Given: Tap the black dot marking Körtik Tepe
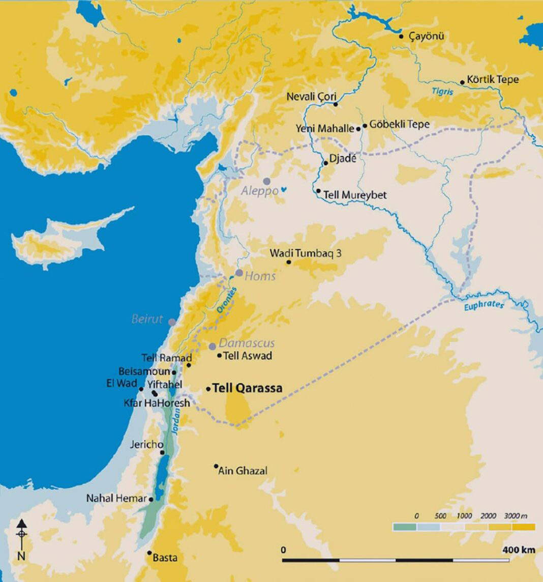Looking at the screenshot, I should (x=462, y=82).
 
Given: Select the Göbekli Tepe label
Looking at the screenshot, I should (x=399, y=124).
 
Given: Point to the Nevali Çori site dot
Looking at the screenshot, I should (x=336, y=104).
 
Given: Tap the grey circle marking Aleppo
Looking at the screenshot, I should (x=266, y=181).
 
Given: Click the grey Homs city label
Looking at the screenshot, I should (x=260, y=276).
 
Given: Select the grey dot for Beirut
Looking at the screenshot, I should (x=172, y=322).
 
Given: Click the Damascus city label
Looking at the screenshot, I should (x=247, y=343).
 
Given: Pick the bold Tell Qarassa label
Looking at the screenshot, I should (x=247, y=389).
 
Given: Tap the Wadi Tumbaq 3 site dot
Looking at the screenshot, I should (x=289, y=262).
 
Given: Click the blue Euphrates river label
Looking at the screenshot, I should (x=484, y=306).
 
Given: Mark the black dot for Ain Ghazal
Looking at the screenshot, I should (x=216, y=465).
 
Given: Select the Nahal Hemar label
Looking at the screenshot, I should (x=116, y=499).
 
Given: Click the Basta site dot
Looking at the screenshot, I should (x=149, y=552).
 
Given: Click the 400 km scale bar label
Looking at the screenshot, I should (x=519, y=550).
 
